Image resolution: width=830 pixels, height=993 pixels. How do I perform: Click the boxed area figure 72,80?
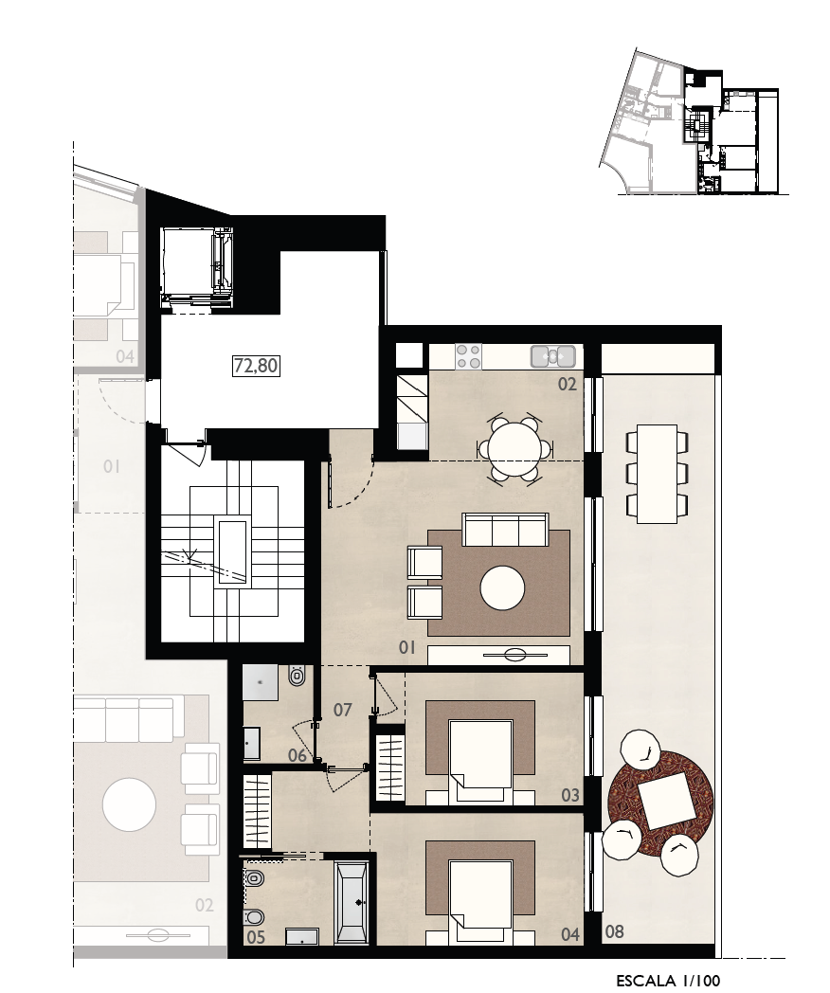(x=257, y=366)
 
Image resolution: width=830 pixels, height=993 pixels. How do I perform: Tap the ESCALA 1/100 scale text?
(x=668, y=981)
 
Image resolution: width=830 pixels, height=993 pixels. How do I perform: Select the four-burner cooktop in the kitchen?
(x=468, y=355)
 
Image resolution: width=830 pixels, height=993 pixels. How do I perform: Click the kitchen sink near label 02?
(x=552, y=356)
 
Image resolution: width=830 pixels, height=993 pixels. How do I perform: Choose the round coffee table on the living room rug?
(x=502, y=588)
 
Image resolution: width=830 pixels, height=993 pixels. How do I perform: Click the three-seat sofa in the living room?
(x=505, y=530)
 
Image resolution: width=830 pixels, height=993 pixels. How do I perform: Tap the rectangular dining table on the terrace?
(x=657, y=474)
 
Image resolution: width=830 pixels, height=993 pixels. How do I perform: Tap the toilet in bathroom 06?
(x=296, y=677)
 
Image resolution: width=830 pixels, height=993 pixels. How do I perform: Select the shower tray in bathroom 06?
(x=261, y=682)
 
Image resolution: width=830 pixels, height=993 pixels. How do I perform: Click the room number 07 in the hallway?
(x=342, y=710)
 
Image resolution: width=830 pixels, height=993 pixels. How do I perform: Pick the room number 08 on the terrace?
(x=614, y=930)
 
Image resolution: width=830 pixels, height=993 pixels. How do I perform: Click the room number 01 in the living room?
(x=407, y=647)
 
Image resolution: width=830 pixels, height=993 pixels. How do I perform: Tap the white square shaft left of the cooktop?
(x=409, y=354)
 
